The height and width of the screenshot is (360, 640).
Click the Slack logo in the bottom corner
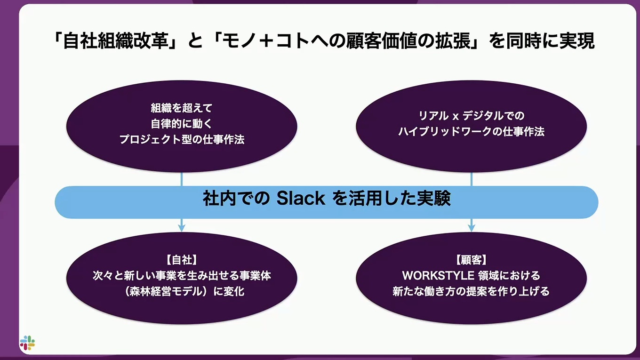[x=27, y=343]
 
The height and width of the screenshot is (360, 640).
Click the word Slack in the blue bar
[x=301, y=198]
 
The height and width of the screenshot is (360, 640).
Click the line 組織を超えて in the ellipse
[x=182, y=108]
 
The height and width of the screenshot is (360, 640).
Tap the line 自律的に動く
[x=182, y=124]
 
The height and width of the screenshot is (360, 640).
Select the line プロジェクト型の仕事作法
[x=182, y=140]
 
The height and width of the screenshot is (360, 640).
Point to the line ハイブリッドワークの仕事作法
[x=471, y=132]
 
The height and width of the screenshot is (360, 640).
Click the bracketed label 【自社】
[x=182, y=260]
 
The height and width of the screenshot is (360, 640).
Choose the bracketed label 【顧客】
[x=471, y=260]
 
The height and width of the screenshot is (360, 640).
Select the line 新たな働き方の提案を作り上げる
[x=471, y=291]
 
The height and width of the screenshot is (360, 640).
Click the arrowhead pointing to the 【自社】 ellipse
[x=182, y=228]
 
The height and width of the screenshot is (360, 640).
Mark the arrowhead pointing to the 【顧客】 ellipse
[x=472, y=228]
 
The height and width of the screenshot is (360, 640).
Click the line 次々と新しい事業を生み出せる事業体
[x=182, y=276]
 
